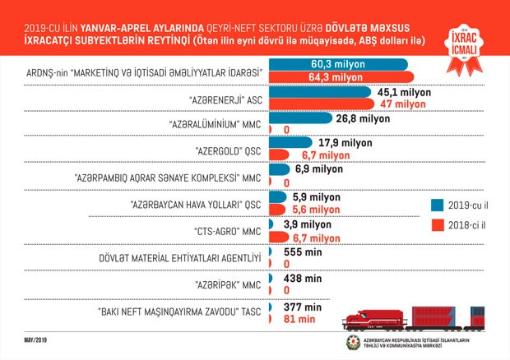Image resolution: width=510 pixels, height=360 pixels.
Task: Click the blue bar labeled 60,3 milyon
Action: [337, 64]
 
